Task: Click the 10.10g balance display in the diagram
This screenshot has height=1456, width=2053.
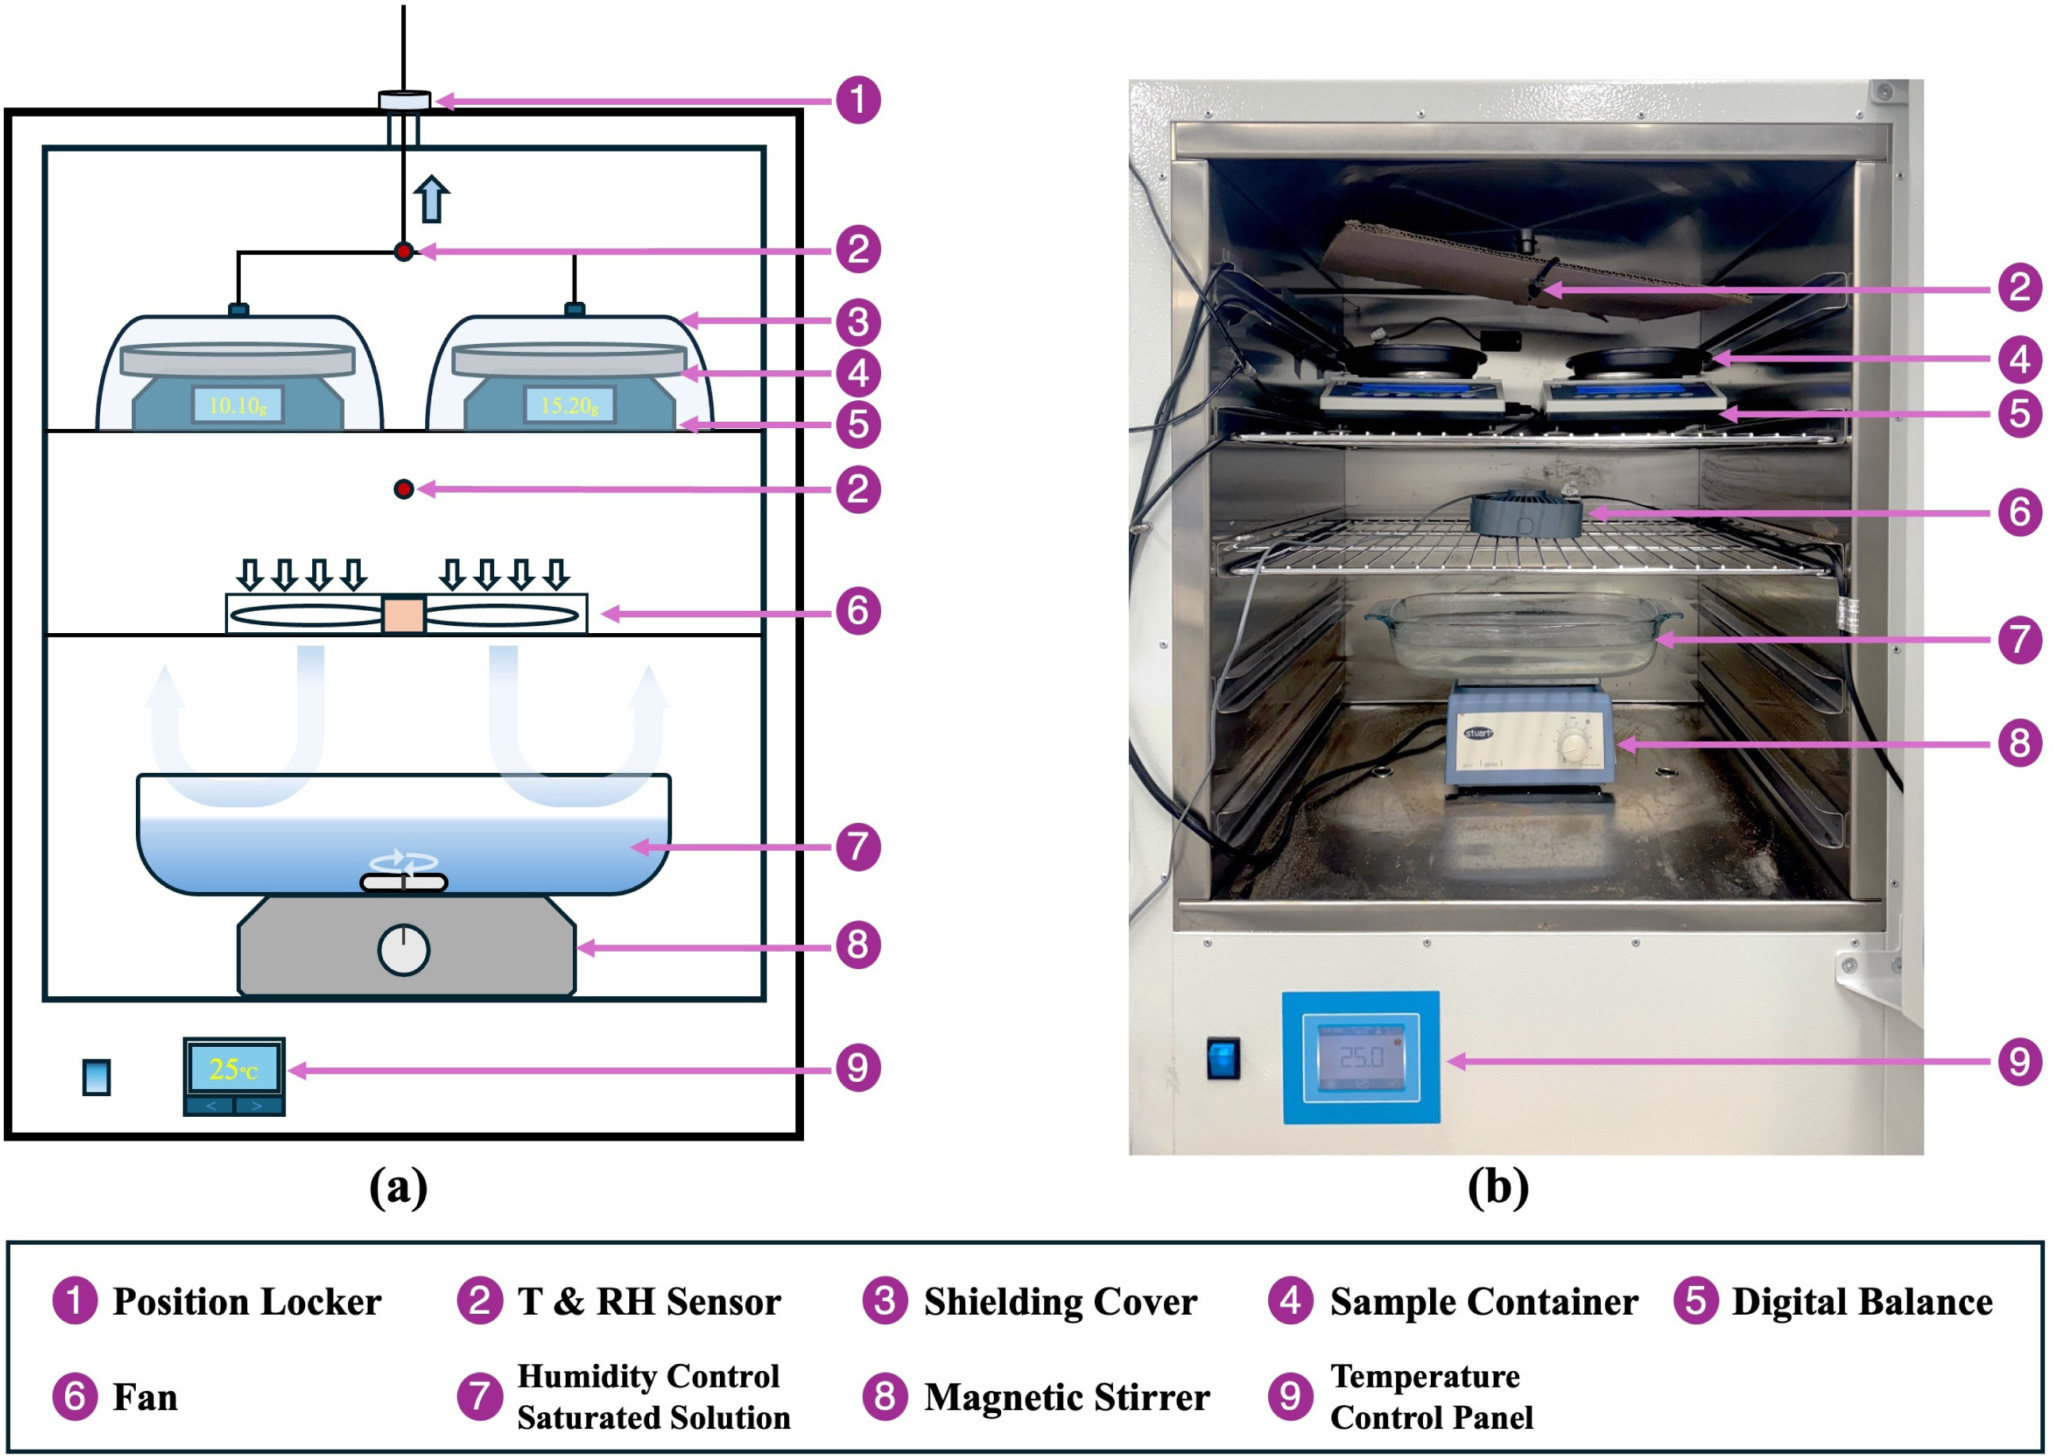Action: (238, 405)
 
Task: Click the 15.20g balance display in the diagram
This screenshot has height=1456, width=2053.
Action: (570, 405)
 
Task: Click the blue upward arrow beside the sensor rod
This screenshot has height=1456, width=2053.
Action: (432, 199)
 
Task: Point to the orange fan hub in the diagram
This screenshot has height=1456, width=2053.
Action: (404, 615)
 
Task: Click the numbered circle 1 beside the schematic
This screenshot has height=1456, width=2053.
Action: (858, 99)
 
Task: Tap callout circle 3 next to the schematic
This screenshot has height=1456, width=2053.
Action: (858, 322)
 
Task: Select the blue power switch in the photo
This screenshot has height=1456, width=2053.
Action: (1223, 1058)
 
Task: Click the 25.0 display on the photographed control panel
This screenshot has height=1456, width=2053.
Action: (1361, 1058)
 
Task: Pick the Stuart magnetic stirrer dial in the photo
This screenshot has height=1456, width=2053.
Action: (1573, 743)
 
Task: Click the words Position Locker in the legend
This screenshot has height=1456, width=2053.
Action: (246, 1302)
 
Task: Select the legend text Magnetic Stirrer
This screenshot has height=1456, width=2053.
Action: (1066, 1397)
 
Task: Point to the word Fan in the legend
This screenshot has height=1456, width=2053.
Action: (145, 1397)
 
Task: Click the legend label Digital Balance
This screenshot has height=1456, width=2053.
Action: (1862, 1302)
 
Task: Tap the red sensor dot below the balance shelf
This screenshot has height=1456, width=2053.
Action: (404, 489)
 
